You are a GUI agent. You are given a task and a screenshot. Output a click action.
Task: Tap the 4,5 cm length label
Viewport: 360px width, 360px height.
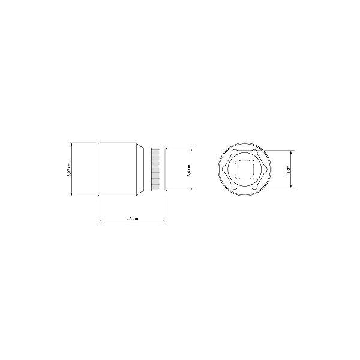tap(133, 220)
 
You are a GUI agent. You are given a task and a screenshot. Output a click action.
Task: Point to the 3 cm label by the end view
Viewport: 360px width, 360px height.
tap(289, 169)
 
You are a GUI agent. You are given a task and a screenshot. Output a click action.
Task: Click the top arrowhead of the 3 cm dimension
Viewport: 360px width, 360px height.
tap(292, 152)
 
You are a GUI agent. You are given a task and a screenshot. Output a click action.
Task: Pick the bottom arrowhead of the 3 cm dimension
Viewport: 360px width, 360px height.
tap(292, 187)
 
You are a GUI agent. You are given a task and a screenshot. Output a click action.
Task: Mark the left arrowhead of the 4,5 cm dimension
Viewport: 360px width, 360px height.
tap(100, 223)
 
